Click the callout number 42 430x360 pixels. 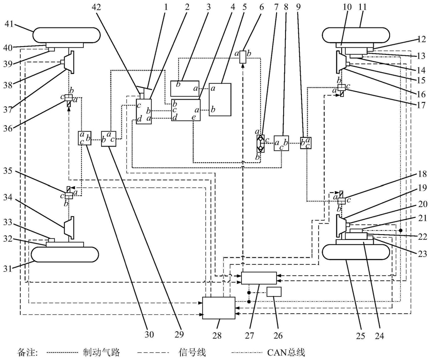96,6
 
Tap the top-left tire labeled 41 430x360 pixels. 66,35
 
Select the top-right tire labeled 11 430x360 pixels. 356,35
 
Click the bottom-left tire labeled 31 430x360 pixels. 65,255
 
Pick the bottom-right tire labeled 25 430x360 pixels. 356,252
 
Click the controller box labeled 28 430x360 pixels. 219,308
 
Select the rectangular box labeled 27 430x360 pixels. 259,278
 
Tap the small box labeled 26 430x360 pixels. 274,292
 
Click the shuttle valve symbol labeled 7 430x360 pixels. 260,143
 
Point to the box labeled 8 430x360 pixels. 281,143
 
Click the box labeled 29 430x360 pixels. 109,139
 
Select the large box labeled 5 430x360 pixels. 220,100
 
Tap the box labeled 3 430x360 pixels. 185,89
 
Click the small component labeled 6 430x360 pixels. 242,57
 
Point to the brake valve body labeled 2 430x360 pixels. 144,112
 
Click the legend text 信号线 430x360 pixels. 192,352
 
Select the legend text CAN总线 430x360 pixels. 286,352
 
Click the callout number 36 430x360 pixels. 8,128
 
